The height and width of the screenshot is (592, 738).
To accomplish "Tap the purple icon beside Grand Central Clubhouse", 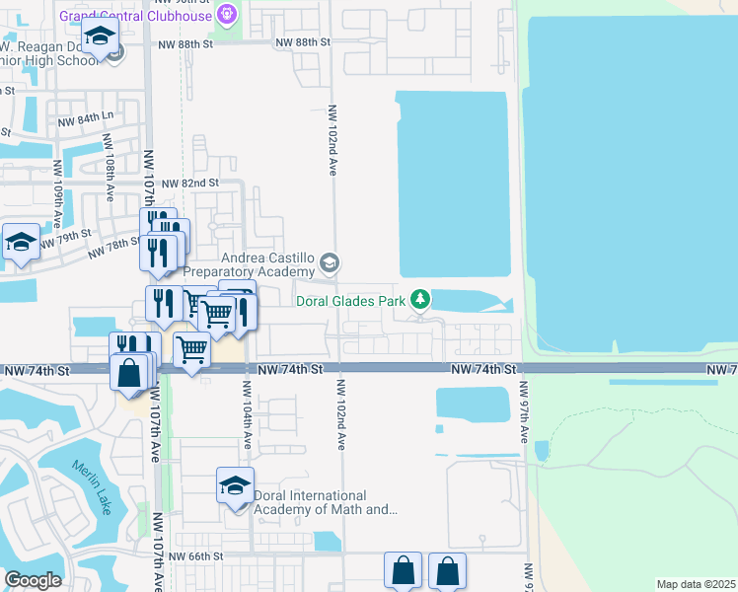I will [228, 15].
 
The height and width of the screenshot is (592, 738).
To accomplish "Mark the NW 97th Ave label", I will [524, 413].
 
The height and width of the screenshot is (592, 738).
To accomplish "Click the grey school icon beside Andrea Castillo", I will [330, 263].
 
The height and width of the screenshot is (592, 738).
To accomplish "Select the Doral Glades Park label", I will [352, 299].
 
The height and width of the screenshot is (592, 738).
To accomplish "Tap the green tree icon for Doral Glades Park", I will [421, 298].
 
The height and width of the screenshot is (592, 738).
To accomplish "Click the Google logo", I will [33, 579].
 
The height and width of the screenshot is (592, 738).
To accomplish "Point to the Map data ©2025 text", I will [695, 584].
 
